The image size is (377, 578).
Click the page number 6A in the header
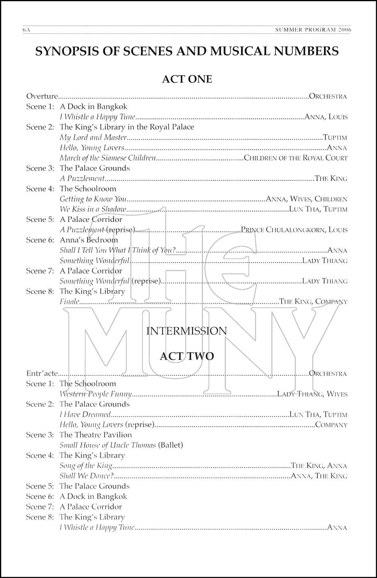click(x=26, y=30)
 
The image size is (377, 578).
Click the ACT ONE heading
click(x=187, y=79)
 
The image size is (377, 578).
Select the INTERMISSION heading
click(x=187, y=331)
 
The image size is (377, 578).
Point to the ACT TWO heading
click(x=187, y=356)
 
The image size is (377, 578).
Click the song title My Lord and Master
click(x=93, y=137)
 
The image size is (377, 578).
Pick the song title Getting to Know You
click(x=93, y=199)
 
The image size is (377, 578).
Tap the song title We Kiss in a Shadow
click(x=93, y=209)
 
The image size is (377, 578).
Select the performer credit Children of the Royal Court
click(x=296, y=158)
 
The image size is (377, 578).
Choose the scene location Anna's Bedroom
click(x=89, y=240)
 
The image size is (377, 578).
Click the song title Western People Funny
click(x=96, y=394)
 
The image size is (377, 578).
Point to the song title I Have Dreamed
click(x=85, y=415)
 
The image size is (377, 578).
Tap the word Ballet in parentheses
click(x=171, y=445)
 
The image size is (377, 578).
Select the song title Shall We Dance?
click(x=87, y=476)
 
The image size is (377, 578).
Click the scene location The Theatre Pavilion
click(x=96, y=435)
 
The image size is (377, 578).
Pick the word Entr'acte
click(x=42, y=373)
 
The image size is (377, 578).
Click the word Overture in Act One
click(x=42, y=96)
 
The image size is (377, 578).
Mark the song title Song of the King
click(x=86, y=465)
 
